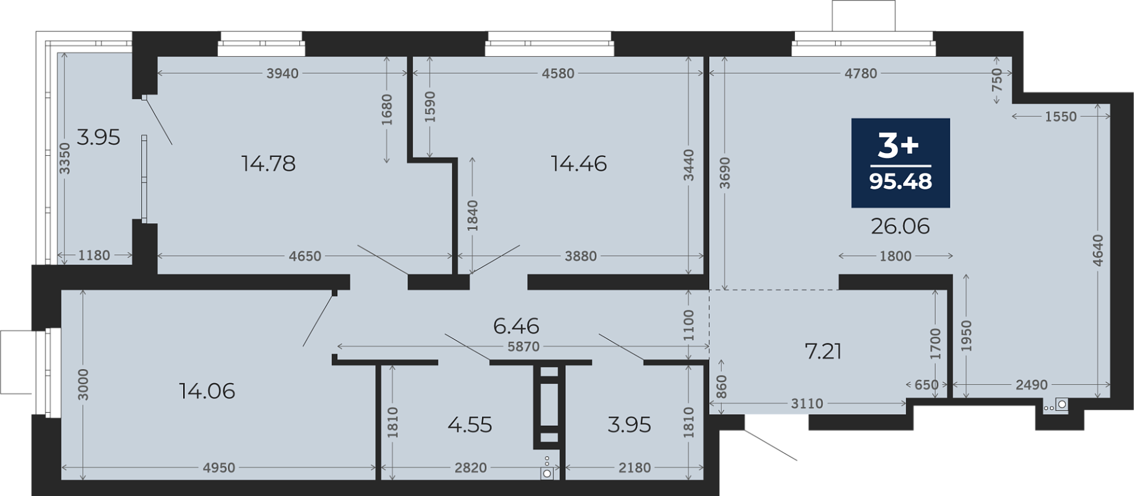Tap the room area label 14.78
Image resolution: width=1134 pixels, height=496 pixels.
tap(269, 164)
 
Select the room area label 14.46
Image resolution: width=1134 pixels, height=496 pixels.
tap(579, 164)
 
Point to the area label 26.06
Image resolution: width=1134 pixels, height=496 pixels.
tap(901, 226)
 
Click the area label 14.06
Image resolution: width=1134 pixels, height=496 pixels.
tap(207, 391)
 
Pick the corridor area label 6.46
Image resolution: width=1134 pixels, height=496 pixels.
tap(516, 326)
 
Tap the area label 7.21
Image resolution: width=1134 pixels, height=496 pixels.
tap(823, 351)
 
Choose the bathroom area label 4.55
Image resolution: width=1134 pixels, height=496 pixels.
tap(470, 425)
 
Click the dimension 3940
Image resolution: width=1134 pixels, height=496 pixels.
tap(283, 73)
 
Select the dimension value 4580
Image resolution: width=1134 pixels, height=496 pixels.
tap(558, 73)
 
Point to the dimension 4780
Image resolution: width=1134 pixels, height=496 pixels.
tap(861, 73)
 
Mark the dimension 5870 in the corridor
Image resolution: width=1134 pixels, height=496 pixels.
tap(523, 347)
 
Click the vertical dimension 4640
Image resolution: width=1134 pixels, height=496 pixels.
tap(1098, 250)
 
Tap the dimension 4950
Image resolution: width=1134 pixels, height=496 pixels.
tap(219, 468)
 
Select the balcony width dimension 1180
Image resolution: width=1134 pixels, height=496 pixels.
tap(94, 255)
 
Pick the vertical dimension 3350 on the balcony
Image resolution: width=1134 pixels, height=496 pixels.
tap(65, 158)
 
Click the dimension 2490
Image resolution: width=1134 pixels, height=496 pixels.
tap(1032, 385)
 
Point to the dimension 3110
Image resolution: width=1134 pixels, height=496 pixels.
tap(807, 403)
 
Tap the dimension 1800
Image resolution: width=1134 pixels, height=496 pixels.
tap(896, 256)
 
